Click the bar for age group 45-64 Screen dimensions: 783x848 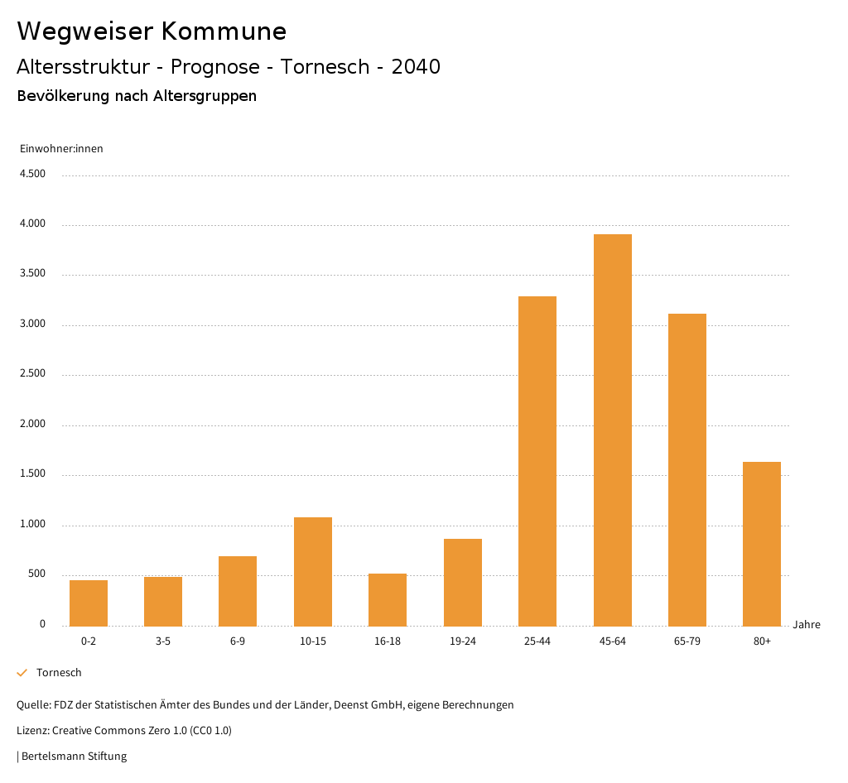click(612, 430)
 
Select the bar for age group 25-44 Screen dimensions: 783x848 click(537, 461)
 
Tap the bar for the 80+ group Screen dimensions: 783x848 click(762, 544)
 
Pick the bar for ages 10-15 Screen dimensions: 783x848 click(313, 571)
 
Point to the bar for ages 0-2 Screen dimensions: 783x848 click(89, 603)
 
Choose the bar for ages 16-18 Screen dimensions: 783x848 click(388, 599)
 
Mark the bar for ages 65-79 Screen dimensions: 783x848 click(687, 469)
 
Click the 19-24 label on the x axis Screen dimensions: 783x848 click(463, 641)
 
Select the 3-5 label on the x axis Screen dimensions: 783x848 click(163, 641)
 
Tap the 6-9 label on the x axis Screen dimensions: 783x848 click(238, 641)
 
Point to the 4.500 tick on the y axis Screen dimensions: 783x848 click(32, 174)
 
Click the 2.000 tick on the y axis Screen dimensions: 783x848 click(32, 425)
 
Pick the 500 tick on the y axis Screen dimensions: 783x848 click(36, 574)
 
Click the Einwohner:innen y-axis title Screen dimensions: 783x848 click(61, 149)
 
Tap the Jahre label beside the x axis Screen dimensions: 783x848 click(806, 625)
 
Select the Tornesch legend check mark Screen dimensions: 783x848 click(22, 673)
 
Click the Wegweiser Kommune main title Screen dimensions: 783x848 click(152, 31)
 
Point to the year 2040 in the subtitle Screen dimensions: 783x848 click(416, 67)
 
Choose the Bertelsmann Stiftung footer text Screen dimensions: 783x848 click(74, 757)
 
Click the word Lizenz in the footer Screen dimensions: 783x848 click(32, 731)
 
